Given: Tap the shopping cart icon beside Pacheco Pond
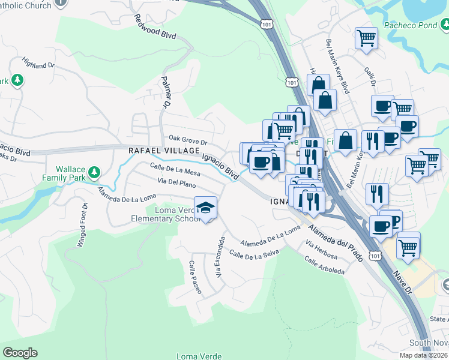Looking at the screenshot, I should tap(366, 38).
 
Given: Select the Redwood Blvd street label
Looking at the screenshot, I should tap(155, 27).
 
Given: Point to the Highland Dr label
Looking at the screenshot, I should tap(38, 62).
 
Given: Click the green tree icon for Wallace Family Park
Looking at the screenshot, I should tap(93, 173).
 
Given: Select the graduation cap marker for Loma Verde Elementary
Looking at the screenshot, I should tap(206, 208).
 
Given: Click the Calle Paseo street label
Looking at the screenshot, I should tap(195, 277).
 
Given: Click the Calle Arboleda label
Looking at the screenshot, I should tap(324, 266).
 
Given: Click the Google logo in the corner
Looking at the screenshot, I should tap(20, 353).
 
